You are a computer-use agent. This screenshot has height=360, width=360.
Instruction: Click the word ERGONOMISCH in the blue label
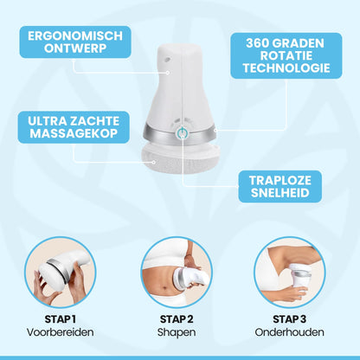click(75, 36)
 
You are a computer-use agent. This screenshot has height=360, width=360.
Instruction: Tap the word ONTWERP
click(75, 48)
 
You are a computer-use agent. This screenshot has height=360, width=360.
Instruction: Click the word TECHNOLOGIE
click(286, 67)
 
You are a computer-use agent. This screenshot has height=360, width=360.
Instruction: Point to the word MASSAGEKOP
click(74, 133)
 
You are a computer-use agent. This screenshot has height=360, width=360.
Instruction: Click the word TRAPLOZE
click(280, 181)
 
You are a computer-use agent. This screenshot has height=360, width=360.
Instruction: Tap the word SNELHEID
click(280, 193)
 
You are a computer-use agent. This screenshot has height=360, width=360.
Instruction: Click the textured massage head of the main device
click(181, 158)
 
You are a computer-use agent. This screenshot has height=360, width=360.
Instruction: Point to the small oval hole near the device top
click(167, 60)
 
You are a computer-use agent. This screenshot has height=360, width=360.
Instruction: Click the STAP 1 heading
click(61, 319)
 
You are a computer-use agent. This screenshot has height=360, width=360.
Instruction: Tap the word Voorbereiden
click(61, 332)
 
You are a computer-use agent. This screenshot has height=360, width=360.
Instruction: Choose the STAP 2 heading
click(177, 319)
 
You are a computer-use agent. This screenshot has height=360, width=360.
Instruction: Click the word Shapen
click(177, 332)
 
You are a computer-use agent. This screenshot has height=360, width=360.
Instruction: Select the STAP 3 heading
click(289, 319)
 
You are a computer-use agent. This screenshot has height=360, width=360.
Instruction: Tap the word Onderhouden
click(289, 332)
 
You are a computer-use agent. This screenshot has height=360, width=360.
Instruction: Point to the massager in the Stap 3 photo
click(300, 276)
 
